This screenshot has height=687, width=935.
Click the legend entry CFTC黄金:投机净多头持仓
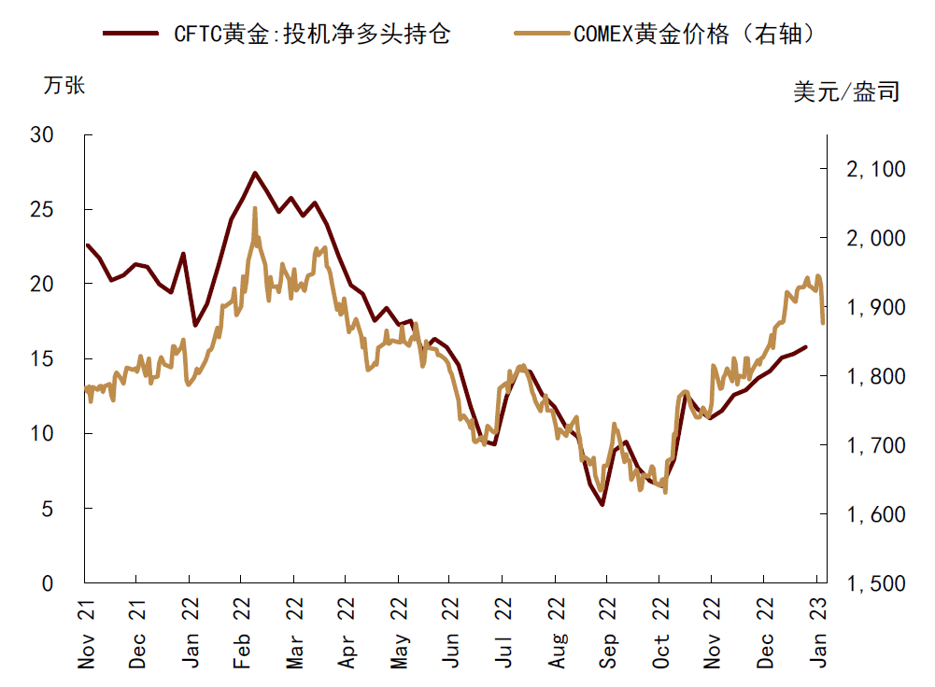pyautogui.click(x=312, y=35)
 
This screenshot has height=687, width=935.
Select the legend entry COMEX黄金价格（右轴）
pyautogui.click(x=696, y=35)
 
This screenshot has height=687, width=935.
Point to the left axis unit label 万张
pyautogui.click(x=64, y=85)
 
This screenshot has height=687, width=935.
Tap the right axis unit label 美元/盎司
pyautogui.click(x=846, y=91)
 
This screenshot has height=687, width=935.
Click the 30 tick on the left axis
pyautogui.click(x=68, y=134)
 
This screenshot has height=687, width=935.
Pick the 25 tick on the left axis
pyautogui.click(x=68, y=209)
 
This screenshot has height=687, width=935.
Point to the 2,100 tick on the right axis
pyautogui.click(x=875, y=169)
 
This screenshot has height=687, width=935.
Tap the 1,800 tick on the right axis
pyautogui.click(x=875, y=376)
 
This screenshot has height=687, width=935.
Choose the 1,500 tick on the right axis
pyautogui.click(x=875, y=583)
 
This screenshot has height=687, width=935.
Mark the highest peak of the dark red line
pyautogui.click(x=255, y=173)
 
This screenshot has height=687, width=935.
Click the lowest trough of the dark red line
pyautogui.click(x=602, y=505)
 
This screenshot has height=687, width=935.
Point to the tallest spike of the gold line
pyautogui.click(x=255, y=208)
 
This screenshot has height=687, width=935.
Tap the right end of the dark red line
pyautogui.click(x=806, y=347)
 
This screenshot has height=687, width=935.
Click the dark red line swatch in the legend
pyautogui.click(x=131, y=35)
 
